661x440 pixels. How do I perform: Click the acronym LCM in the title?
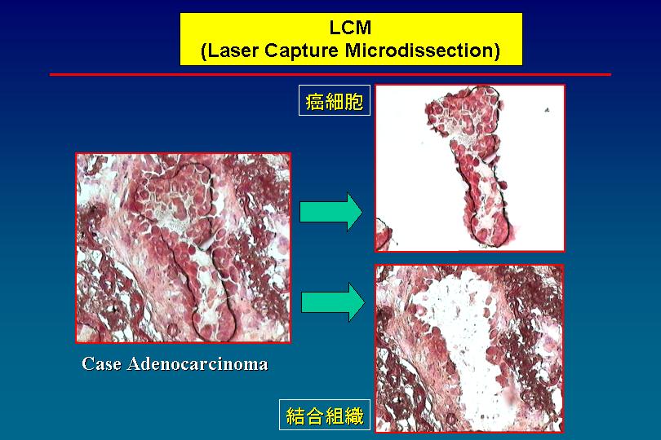(x=350, y=28)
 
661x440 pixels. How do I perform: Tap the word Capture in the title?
(x=301, y=51)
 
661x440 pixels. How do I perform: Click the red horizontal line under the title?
(x=330, y=74)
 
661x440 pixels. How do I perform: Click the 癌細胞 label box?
(x=335, y=100)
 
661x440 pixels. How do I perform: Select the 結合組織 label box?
(x=325, y=415)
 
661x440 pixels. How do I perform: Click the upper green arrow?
(x=331, y=212)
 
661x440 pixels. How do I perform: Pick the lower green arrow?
(x=333, y=302)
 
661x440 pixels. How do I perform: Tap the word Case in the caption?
(x=100, y=363)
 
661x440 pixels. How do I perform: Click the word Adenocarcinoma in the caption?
(x=197, y=363)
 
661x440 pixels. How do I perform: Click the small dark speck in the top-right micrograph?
(x=547, y=110)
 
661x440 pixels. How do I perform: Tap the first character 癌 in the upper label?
(x=315, y=101)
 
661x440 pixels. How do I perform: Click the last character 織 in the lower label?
(x=353, y=416)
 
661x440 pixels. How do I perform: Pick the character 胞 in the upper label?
(x=353, y=101)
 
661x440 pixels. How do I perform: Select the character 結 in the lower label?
(x=295, y=416)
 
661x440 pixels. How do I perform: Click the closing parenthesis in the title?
(x=497, y=51)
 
